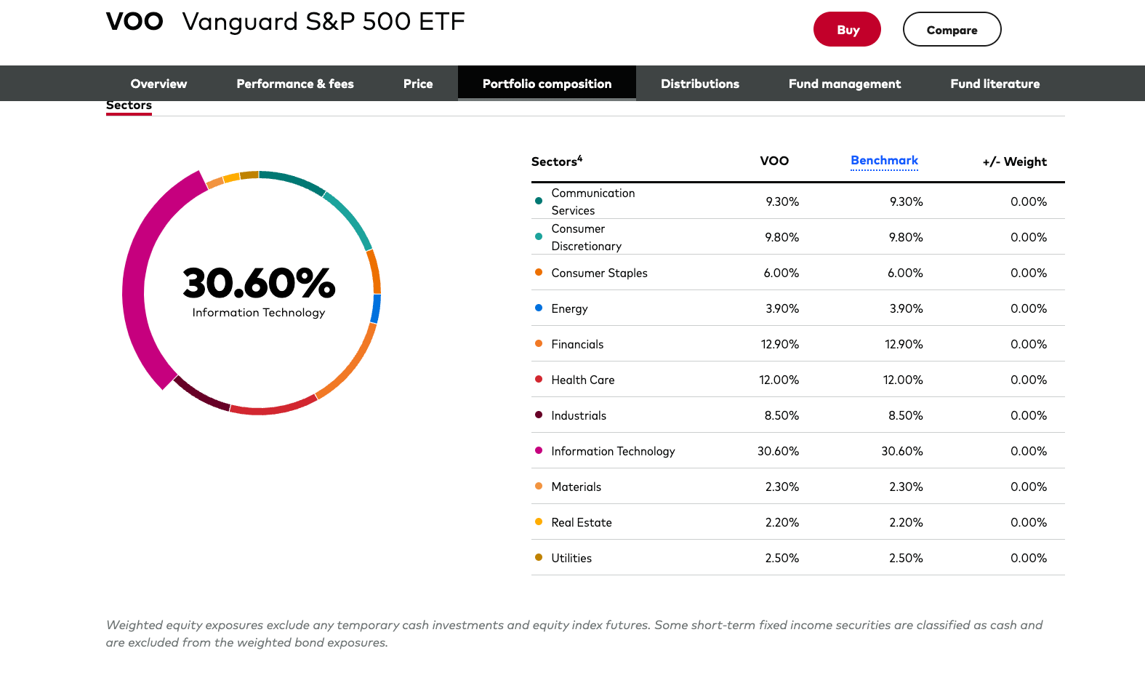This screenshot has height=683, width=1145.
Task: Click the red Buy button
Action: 847,30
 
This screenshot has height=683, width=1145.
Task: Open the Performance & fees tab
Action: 295,84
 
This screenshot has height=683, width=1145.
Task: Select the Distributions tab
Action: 699,84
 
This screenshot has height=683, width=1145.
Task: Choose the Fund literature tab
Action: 995,84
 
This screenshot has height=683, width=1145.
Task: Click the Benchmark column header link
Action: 884,161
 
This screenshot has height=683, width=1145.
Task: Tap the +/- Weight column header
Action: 1014,161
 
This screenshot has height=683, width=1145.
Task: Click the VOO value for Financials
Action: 779,344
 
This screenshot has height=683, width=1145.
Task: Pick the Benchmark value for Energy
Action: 906,308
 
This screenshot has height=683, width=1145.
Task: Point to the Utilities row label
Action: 571,558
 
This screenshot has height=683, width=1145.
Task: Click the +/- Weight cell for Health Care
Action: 1028,380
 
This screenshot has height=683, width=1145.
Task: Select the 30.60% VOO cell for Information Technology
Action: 778,451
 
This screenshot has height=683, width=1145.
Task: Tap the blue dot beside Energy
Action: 539,308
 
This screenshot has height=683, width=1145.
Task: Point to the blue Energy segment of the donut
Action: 376,308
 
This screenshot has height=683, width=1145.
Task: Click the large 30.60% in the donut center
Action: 259,283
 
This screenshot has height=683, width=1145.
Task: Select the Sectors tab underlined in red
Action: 129,105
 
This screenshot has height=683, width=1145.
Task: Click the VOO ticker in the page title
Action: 134,22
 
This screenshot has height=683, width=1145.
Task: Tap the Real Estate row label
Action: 581,522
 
